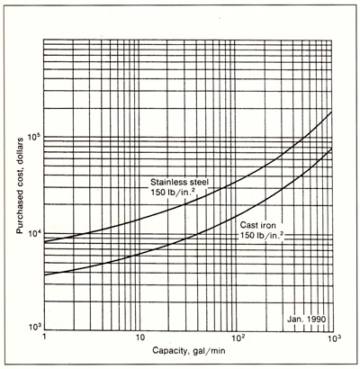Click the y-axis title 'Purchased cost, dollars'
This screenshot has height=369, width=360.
[20, 185]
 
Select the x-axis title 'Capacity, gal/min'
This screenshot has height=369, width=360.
[189, 351]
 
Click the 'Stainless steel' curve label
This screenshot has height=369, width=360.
[179, 182]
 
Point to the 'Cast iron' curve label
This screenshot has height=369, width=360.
[257, 226]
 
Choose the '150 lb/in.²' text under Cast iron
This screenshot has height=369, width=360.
[262, 235]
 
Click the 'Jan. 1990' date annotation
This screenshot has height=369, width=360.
[306, 319]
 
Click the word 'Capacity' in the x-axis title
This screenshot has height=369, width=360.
[169, 351]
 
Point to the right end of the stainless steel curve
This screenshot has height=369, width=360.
[332, 112]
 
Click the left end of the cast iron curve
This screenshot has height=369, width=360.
[44, 275]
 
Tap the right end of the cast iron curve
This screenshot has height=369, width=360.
[332, 148]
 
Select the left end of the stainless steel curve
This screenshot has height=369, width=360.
[44, 242]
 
